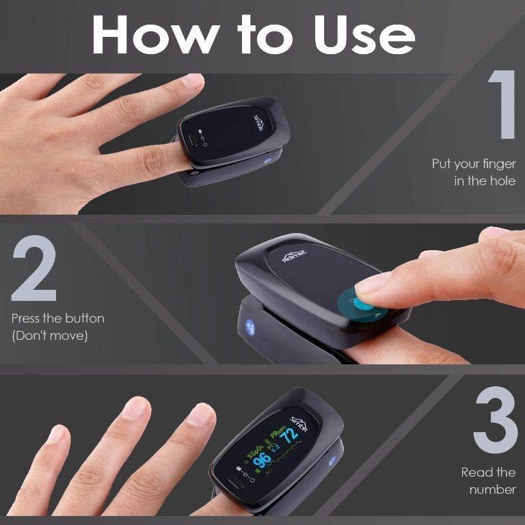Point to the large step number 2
click(33, 271)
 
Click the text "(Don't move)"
click(49, 336)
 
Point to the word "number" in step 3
click(492, 489)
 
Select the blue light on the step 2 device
click(249, 326)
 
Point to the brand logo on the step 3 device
click(299, 422)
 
